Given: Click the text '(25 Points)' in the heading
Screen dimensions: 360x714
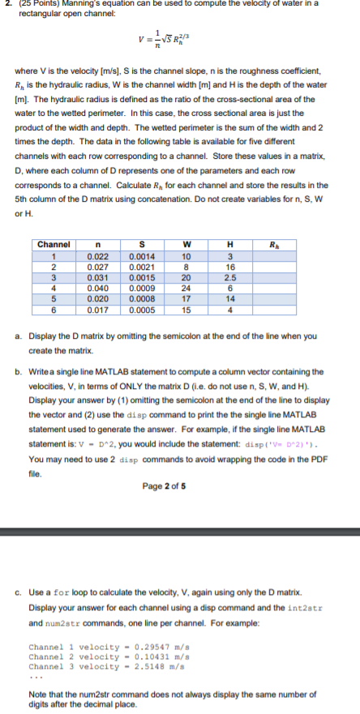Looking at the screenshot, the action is (36, 4).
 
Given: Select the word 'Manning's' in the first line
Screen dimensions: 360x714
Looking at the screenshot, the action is (80, 4).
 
